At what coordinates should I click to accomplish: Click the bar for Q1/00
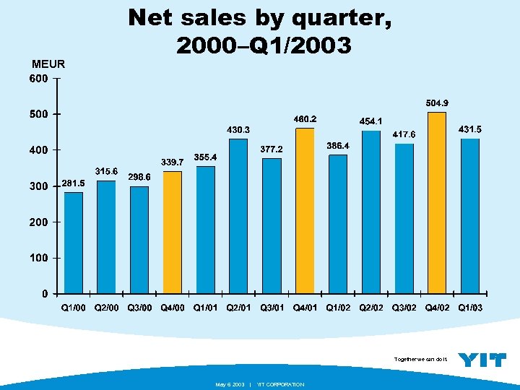click(73, 243)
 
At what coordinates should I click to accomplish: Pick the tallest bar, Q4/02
click(437, 203)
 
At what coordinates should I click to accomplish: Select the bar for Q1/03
click(470, 216)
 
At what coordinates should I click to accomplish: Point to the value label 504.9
click(441, 103)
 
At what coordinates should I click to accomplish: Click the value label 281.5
click(73, 183)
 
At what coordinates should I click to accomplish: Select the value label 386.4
click(338, 146)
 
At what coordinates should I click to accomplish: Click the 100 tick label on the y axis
click(38, 258)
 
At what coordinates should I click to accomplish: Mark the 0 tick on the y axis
click(45, 294)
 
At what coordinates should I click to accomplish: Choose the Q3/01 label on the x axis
click(272, 308)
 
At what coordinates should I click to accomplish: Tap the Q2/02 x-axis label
click(371, 308)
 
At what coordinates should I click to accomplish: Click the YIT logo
click(482, 360)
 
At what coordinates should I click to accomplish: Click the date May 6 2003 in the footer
click(230, 384)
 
